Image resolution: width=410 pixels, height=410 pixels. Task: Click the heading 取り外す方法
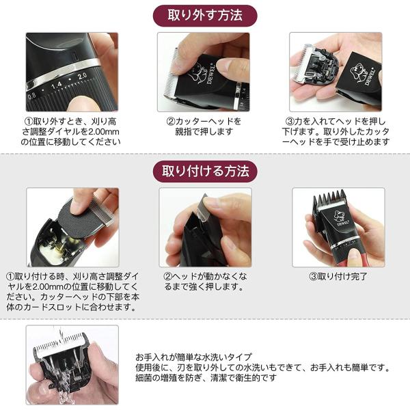click(x=205, y=15)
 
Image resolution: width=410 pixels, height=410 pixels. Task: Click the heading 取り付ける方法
click(x=205, y=171)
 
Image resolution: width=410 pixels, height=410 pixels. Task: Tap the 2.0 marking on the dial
click(x=82, y=76)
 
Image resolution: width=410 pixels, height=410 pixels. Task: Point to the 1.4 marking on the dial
click(x=57, y=85)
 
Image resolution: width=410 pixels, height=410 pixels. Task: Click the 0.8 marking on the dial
click(x=31, y=96)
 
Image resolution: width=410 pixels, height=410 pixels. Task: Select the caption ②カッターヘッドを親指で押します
click(x=204, y=126)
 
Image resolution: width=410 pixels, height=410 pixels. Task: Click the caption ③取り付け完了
click(x=338, y=276)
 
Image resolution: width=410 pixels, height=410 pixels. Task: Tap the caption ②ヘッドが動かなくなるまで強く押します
click(x=205, y=282)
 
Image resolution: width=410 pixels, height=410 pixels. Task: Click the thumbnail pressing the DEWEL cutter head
click(x=204, y=72)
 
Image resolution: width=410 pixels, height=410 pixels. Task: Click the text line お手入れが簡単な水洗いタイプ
click(x=193, y=357)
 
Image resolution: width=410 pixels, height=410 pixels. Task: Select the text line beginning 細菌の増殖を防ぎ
click(x=206, y=378)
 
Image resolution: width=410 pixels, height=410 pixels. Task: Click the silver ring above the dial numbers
click(x=63, y=70)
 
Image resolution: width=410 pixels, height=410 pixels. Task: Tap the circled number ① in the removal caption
click(x=29, y=122)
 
